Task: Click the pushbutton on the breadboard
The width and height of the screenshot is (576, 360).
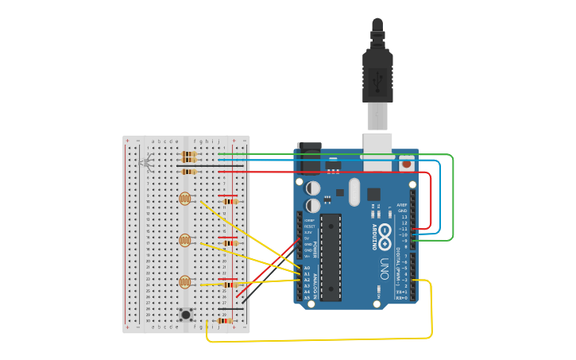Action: pos(186,314)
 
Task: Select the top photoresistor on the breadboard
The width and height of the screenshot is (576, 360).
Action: pos(185,199)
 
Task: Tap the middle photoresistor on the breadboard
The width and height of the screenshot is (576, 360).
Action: pos(185,240)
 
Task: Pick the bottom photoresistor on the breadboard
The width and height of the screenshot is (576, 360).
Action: pos(185,281)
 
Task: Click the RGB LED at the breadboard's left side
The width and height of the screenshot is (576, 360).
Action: pos(145,164)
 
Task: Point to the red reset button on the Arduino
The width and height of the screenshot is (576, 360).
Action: pos(407,165)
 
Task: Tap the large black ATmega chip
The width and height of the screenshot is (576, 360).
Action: pos(331,257)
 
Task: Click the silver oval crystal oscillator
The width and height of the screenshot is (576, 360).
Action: pos(354,192)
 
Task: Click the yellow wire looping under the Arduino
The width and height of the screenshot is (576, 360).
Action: pos(318,339)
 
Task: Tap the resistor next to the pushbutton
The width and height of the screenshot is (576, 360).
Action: pos(225,320)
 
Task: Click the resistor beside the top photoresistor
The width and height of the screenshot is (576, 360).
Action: pos(230,201)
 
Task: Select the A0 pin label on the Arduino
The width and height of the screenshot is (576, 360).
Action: pos(307,268)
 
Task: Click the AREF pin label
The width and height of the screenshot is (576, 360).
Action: pos(402,204)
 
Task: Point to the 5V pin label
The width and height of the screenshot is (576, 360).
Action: pos(307,238)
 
